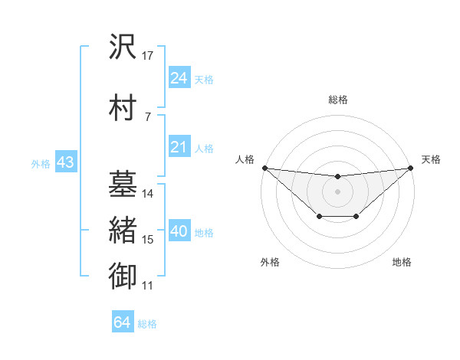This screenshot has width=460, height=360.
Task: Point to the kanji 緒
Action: coord(123,231)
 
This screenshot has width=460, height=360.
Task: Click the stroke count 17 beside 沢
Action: coord(148,55)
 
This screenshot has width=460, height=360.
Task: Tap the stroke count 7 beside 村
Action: coord(147,116)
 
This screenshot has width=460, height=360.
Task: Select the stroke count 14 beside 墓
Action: coord(148,193)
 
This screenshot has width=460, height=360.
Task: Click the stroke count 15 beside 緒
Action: coord(148,240)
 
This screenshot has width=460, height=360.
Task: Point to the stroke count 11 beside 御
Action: coord(148,286)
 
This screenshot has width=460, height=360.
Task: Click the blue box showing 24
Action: coord(179,77)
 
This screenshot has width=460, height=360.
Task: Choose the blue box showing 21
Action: coord(179,147)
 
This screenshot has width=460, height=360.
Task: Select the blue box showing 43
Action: coord(64,162)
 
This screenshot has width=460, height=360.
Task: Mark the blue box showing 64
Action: coord(122,322)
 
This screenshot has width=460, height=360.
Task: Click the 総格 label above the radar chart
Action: coord(337,100)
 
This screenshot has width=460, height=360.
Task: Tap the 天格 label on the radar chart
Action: coord(431,159)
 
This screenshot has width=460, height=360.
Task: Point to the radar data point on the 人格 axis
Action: coord(264,168)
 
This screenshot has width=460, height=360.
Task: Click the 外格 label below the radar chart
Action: coord(270,263)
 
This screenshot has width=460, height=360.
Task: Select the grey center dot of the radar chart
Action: coord(337,191)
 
